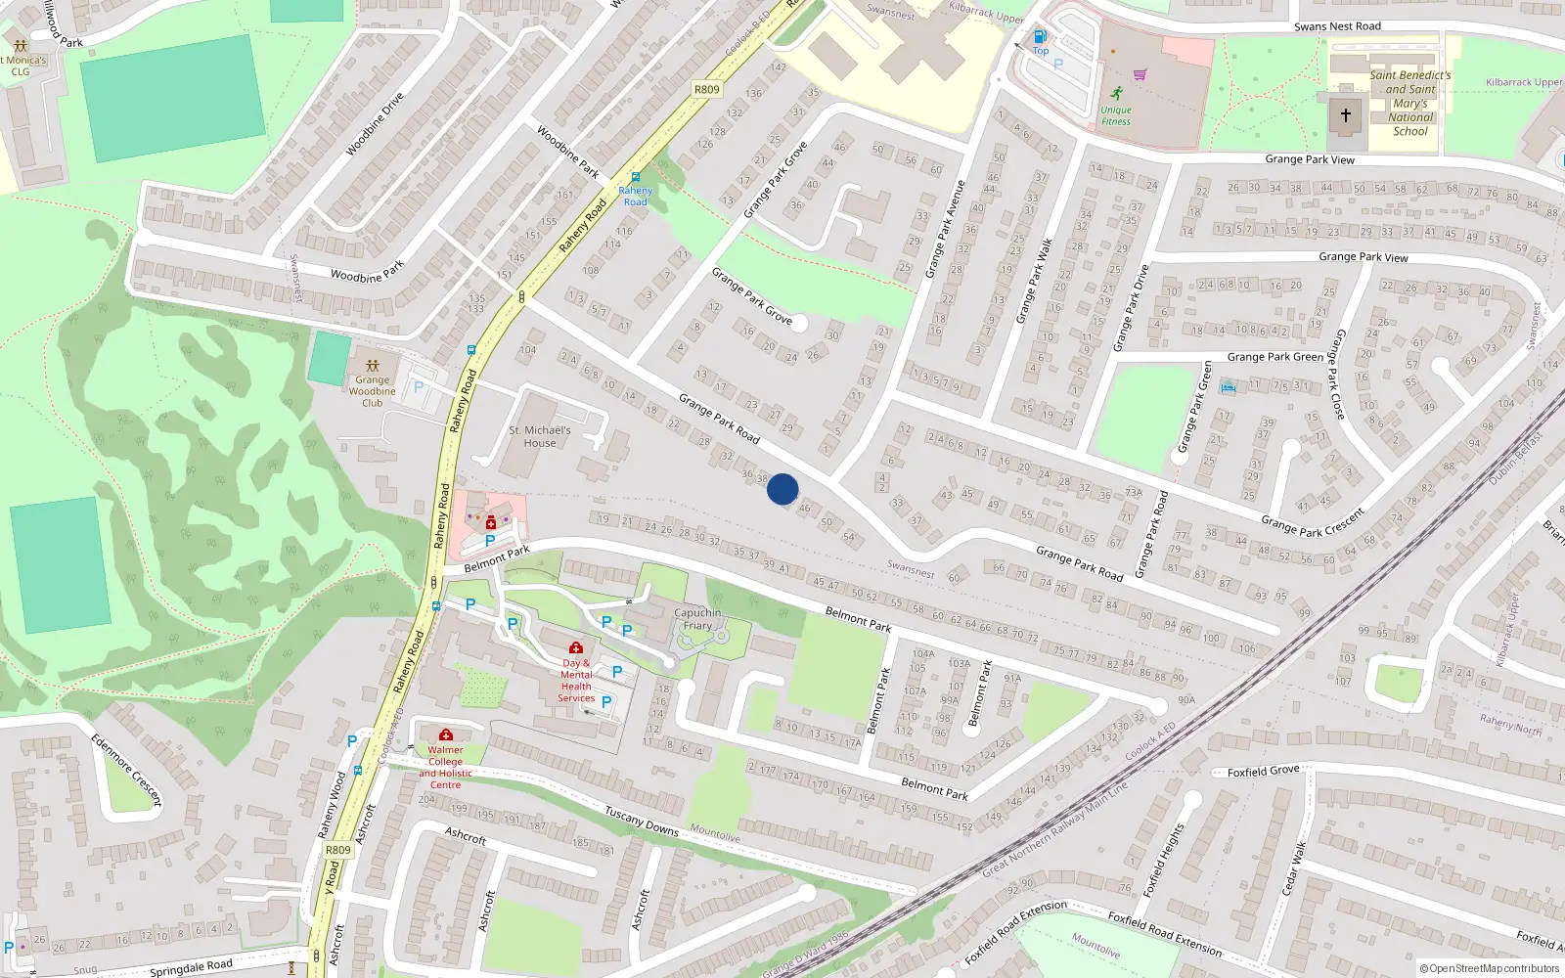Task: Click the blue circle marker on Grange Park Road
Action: [782, 489]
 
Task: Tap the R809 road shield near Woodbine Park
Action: [706, 89]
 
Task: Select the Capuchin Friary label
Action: [697, 619]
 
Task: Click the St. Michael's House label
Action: [539, 436]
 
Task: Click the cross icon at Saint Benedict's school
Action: [1346, 115]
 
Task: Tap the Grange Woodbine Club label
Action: [372, 391]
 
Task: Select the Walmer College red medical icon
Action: [446, 734]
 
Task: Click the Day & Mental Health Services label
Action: [576, 680]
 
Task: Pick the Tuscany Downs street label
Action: [642, 821]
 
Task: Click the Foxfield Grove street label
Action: [1263, 771]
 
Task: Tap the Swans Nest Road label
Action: [1337, 26]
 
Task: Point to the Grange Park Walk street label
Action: [1034, 281]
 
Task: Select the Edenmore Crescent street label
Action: [126, 770]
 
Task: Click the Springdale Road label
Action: [191, 967]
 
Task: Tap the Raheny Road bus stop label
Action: [635, 196]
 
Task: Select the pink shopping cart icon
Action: [1140, 74]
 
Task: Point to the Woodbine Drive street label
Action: [375, 124]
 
